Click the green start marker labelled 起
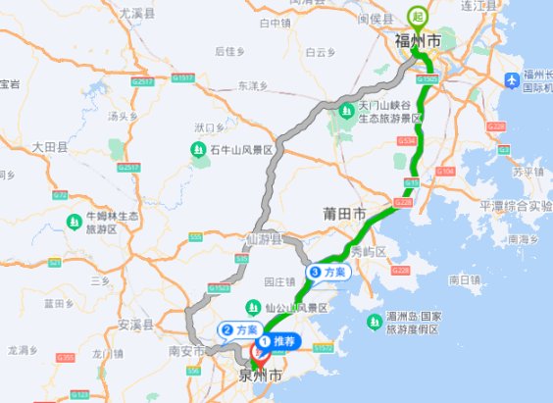coord(418,17)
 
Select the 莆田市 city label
coord(344,214)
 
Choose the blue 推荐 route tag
coord(279,342)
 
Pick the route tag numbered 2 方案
coord(239,330)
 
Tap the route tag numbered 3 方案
coord(327,272)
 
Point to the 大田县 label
coord(49,147)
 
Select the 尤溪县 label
coord(136,14)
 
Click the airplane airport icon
coord(509,79)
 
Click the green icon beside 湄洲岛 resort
coord(374,322)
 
